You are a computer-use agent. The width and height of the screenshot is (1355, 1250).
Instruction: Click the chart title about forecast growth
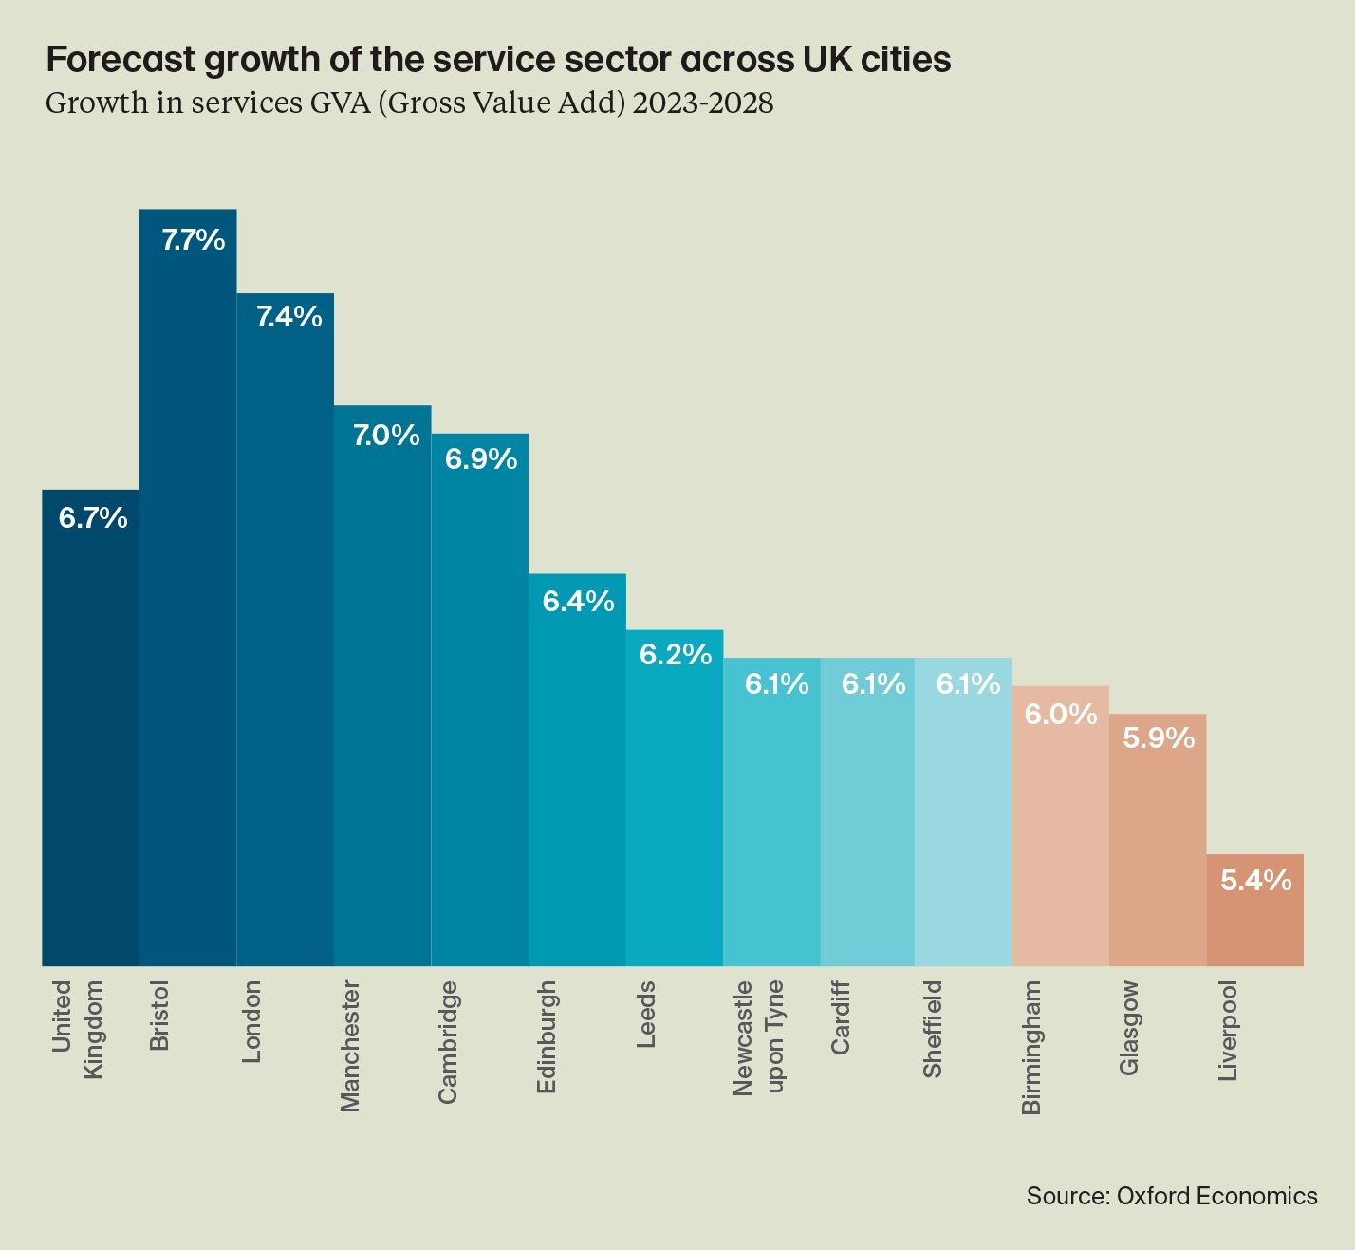(x=498, y=60)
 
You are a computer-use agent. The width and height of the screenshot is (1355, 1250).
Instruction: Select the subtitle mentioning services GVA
(x=409, y=103)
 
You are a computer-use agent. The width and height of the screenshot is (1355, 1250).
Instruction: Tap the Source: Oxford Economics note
(x=1171, y=1196)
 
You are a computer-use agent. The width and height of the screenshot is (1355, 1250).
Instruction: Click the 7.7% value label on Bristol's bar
(x=193, y=239)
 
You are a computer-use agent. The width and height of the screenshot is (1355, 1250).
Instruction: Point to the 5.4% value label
(x=1255, y=881)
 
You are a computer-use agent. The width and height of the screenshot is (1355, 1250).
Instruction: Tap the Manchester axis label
(x=350, y=1046)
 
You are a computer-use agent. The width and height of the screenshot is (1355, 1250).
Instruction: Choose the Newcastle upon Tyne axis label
(x=758, y=1037)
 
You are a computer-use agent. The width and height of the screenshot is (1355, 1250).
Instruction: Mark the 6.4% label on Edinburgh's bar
(x=578, y=602)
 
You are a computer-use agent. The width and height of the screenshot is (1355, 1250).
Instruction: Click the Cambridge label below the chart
(x=448, y=1042)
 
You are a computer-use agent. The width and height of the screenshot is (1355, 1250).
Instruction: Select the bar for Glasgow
(x=1158, y=854)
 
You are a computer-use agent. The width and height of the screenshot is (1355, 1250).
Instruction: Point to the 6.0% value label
(x=1060, y=714)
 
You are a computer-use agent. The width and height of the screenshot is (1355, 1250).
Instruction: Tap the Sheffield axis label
(x=933, y=1029)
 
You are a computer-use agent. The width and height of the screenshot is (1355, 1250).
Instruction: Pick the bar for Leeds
(x=675, y=816)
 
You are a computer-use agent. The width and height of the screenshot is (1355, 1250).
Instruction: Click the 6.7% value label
(x=93, y=518)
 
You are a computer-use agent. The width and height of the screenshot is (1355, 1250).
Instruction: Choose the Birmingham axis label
(x=1031, y=1047)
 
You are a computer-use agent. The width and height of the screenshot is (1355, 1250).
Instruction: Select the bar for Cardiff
(x=867, y=826)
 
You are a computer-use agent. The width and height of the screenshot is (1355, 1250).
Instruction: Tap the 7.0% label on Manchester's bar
(x=386, y=436)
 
